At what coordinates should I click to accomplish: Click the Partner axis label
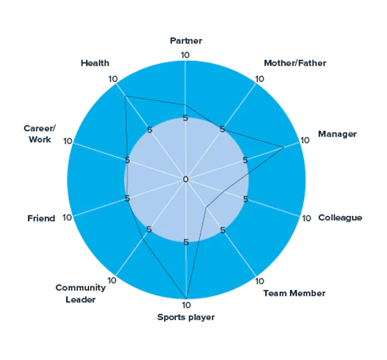pos(186,40)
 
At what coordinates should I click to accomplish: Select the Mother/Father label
pos(295,63)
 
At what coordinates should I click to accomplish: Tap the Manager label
pos(337,134)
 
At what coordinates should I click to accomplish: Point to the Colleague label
pos(340,217)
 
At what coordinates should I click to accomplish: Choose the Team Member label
pos(294,293)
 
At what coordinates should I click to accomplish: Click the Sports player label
pos(186,317)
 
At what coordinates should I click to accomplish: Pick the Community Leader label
pos(80,294)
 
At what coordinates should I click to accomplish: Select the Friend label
pos(41,218)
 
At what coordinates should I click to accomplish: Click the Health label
pos(95,63)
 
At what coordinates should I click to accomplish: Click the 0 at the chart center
pos(186,179)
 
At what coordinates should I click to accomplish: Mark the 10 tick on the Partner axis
pos(186,55)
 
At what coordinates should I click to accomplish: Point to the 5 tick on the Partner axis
pos(186,118)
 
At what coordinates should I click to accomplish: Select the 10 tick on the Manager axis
pos(304,140)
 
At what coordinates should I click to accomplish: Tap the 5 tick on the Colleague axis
pos(245,199)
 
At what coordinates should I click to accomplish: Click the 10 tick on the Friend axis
pos(67,217)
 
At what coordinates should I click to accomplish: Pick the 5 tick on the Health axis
pos(149,130)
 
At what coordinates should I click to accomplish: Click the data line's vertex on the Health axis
pos(125,96)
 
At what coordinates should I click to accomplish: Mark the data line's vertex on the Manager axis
pos(284,148)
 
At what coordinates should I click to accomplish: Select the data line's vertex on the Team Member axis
pos(206,207)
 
